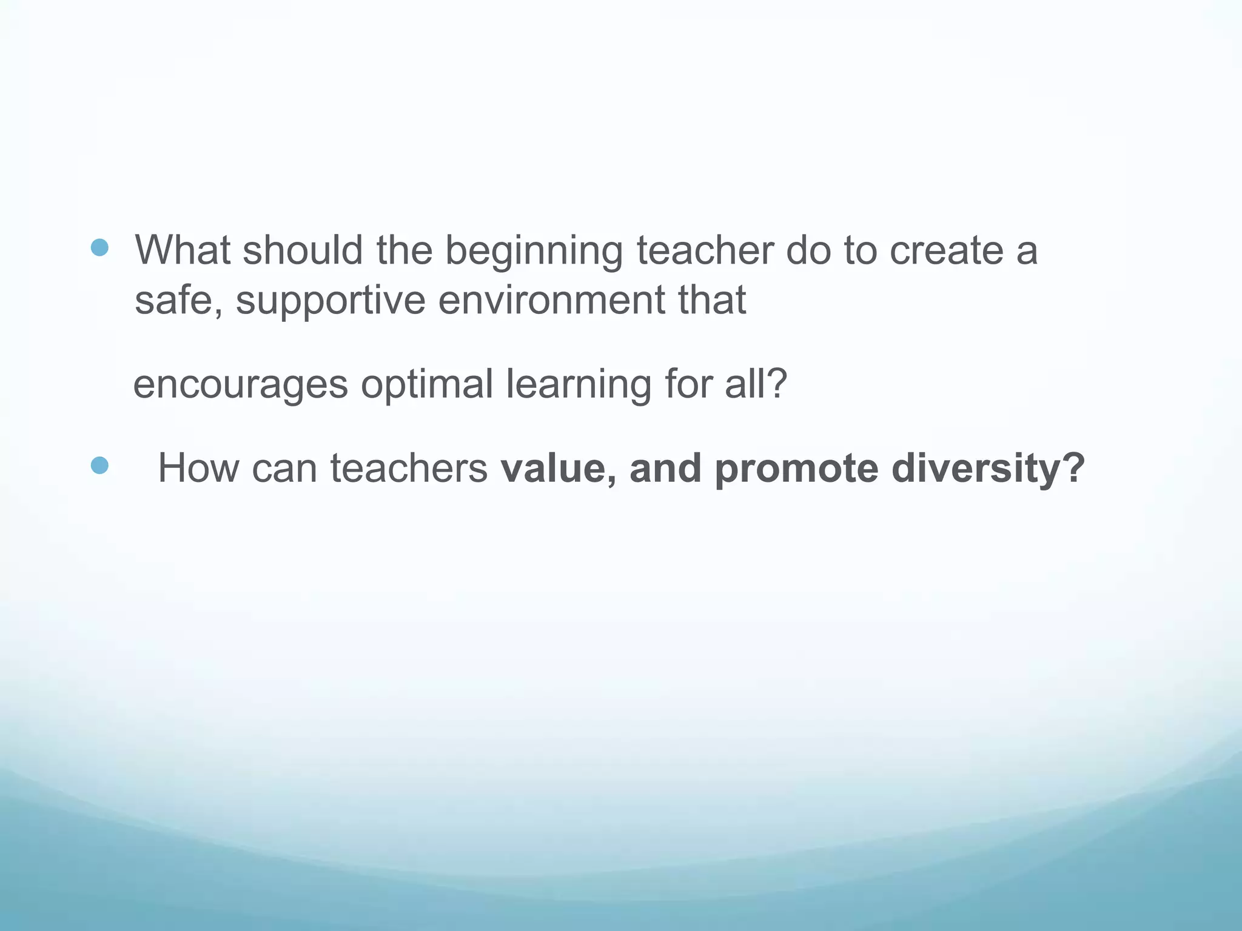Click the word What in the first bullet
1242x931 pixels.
pyautogui.click(x=182, y=250)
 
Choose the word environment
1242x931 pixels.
pyautogui.click(x=551, y=299)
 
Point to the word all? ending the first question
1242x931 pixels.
pyautogui.click(x=756, y=383)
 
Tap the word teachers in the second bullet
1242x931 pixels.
pyautogui.click(x=408, y=468)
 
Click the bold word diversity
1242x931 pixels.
pyautogui.click(x=988, y=469)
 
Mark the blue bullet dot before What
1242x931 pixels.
pyautogui.click(x=99, y=247)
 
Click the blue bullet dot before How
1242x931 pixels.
pyautogui.click(x=99, y=465)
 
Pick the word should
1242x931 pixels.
pyautogui.click(x=303, y=250)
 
